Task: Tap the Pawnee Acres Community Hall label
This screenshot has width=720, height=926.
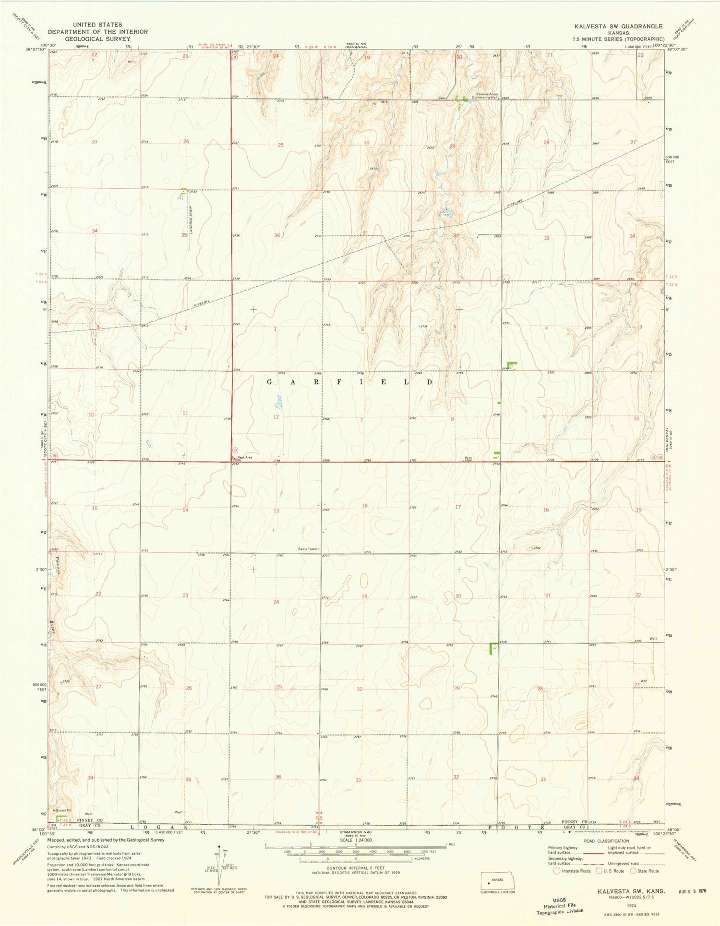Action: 487,96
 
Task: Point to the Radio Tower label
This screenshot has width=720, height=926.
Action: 309,549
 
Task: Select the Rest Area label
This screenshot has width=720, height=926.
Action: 245,457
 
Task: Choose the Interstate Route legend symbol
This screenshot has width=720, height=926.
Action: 557,871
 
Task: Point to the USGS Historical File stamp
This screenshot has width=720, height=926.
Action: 559,905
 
